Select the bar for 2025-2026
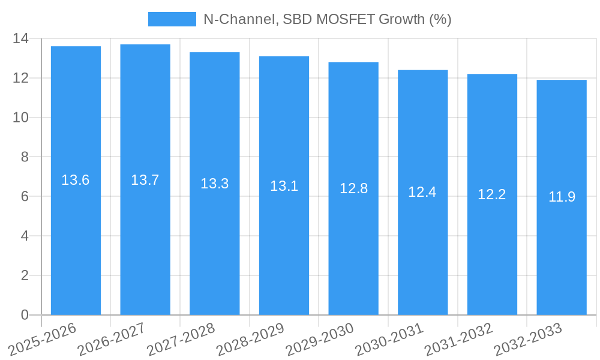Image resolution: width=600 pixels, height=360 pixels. coord(76,180)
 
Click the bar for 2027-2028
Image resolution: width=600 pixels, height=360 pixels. coord(214,183)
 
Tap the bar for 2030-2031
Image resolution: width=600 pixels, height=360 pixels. coord(422,192)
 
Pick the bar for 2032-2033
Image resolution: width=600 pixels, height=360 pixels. coord(562,197)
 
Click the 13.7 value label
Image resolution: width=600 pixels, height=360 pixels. coord(145,180)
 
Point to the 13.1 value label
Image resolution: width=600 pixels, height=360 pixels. coord(284,186)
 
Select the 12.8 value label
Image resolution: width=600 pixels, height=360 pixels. coord(353,188)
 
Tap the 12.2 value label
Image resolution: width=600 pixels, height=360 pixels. coord(492,194)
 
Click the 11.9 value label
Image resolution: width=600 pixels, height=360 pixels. coord(562,197)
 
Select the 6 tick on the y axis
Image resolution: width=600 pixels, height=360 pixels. coord(24,196)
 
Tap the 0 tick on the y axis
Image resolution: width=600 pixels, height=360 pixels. coord(24,315)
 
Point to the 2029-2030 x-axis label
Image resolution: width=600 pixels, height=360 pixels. coord(319,340)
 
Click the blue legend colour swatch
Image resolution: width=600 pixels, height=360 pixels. coord(172,19)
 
